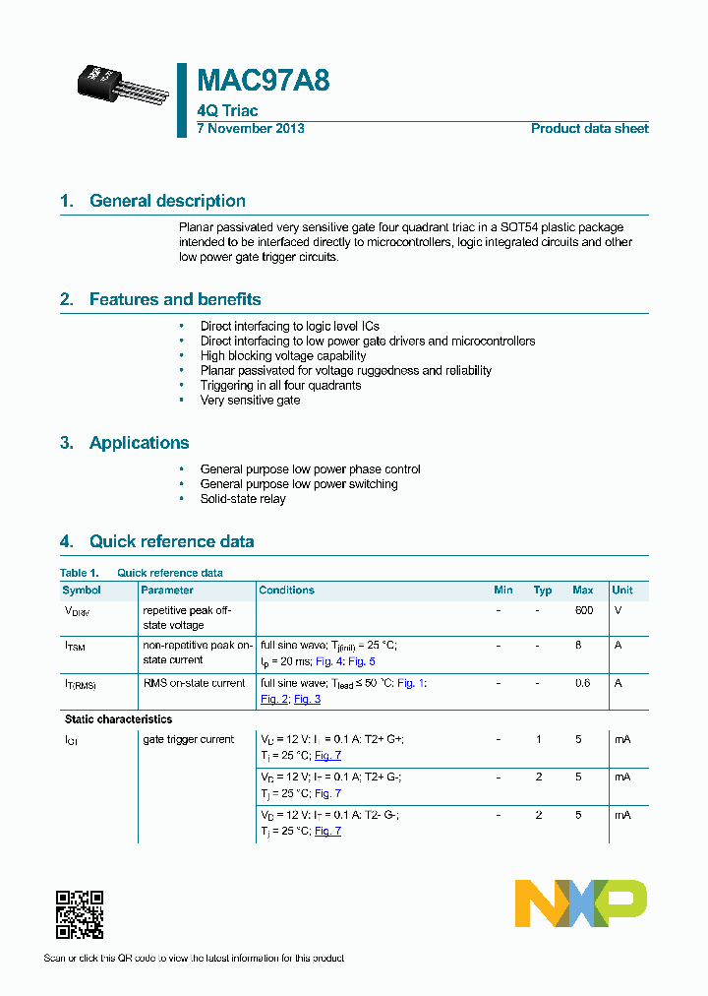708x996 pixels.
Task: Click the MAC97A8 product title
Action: [x=264, y=81]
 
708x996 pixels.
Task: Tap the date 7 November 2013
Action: [x=251, y=129]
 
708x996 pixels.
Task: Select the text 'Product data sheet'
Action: [x=589, y=129]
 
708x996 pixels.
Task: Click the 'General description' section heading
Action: [x=167, y=201]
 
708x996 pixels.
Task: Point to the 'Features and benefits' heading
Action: [x=175, y=299]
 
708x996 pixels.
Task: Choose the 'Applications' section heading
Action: [x=139, y=443]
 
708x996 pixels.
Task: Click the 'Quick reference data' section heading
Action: [x=171, y=541]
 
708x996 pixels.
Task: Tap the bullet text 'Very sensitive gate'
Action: [x=250, y=401]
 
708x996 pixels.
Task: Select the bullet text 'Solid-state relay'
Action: [x=243, y=499]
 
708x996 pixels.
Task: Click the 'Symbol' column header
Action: [x=82, y=591]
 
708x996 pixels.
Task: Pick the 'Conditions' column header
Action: [x=286, y=591]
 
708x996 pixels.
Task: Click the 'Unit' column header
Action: [x=622, y=591]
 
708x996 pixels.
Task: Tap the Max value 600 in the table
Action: [x=584, y=610]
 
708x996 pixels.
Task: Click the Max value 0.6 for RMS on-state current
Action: [x=583, y=683]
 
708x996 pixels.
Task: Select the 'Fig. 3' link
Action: [x=307, y=699]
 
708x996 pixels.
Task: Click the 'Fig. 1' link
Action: [x=411, y=683]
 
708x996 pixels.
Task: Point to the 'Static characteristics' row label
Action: [x=118, y=719]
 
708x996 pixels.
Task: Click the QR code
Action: [x=80, y=914]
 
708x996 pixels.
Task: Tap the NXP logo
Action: [x=581, y=903]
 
